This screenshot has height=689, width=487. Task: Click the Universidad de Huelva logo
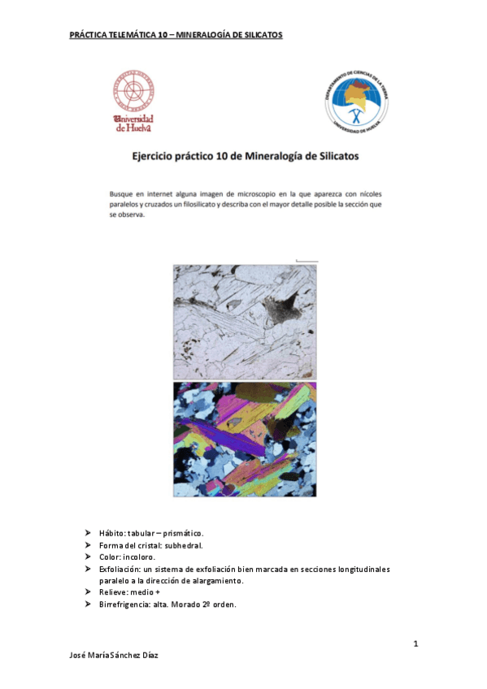[x=134, y=101]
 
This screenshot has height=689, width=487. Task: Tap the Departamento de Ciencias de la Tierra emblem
[x=355, y=100]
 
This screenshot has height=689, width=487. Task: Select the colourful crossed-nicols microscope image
[x=245, y=439]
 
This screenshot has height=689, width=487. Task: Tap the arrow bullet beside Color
[x=88, y=557]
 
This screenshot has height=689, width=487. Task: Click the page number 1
[x=415, y=644]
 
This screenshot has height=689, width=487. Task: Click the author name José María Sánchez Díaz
[x=114, y=656]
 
